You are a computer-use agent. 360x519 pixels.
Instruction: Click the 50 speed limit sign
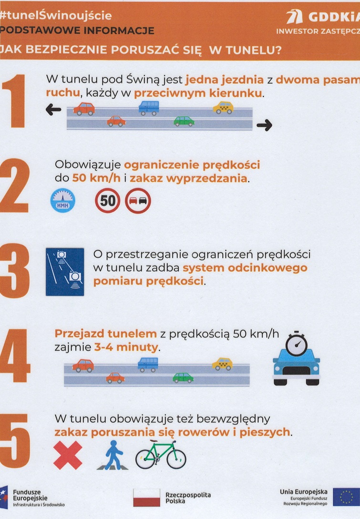click(x=108, y=201)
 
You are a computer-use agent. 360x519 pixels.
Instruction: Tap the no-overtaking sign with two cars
click(x=138, y=201)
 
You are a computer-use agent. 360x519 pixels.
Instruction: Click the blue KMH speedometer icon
click(x=62, y=201)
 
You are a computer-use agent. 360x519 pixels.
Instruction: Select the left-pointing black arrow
click(x=53, y=110)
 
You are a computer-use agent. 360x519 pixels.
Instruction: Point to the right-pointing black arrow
click(x=264, y=125)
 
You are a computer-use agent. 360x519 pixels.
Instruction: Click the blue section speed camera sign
click(x=65, y=272)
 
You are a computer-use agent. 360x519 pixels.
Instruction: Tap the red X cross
click(x=68, y=455)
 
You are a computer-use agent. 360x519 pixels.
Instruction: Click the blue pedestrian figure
click(x=113, y=455)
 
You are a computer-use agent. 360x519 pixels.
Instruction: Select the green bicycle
click(x=161, y=455)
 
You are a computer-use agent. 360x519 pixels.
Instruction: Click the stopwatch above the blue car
click(x=297, y=344)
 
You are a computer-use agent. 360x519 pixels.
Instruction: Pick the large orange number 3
click(x=15, y=271)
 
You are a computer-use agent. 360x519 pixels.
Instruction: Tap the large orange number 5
click(x=15, y=440)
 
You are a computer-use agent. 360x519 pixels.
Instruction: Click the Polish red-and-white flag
click(x=146, y=498)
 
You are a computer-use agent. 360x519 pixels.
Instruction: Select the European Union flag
click(x=346, y=497)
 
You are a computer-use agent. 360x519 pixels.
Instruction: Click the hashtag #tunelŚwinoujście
click(x=56, y=15)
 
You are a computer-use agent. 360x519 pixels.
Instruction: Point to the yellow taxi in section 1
click(x=223, y=108)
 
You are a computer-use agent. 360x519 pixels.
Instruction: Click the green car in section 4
click(x=183, y=377)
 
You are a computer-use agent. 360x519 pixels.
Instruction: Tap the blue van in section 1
click(x=149, y=108)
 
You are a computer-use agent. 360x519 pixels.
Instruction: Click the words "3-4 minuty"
click(x=126, y=347)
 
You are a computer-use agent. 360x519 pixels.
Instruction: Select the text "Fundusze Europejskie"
click(x=30, y=495)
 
